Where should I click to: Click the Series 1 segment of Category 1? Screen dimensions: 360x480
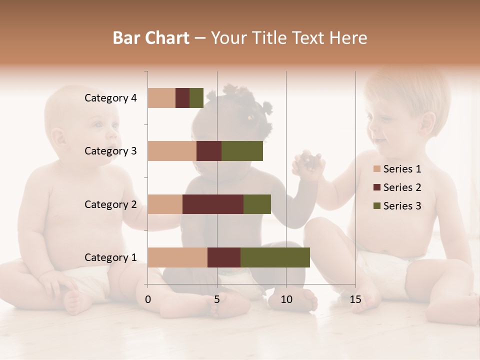(x=177, y=257)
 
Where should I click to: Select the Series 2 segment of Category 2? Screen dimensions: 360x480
(x=213, y=204)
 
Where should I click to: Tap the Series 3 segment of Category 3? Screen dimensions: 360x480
(x=242, y=151)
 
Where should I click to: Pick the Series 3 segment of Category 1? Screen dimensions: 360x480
(x=275, y=257)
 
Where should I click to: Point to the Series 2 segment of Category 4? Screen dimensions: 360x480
(x=182, y=98)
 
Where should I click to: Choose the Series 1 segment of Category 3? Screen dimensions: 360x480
(x=172, y=151)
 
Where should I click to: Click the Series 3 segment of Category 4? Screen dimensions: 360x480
(x=196, y=98)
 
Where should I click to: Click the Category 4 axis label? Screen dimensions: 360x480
(x=110, y=98)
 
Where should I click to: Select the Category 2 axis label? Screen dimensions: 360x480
(x=110, y=204)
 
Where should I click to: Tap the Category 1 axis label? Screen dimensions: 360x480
(x=110, y=257)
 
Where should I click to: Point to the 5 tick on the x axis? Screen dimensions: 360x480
(x=217, y=300)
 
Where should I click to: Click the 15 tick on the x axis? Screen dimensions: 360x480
(x=355, y=300)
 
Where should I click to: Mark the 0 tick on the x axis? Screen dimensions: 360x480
(x=148, y=300)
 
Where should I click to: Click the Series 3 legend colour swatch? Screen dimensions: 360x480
(x=376, y=206)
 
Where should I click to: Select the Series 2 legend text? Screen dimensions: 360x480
(x=402, y=187)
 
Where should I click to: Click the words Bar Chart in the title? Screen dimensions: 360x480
(x=151, y=38)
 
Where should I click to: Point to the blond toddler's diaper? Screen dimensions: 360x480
(x=385, y=270)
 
